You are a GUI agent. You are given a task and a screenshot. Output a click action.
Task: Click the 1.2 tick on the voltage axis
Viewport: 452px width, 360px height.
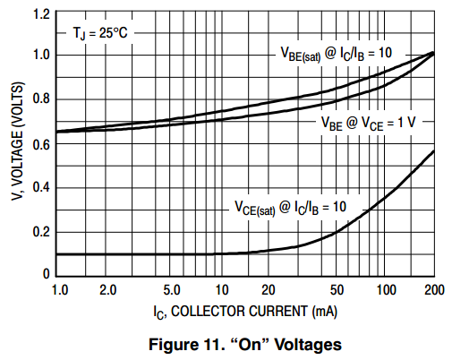[41, 14]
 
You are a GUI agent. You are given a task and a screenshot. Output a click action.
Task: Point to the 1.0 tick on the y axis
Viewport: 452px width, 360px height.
[41, 55]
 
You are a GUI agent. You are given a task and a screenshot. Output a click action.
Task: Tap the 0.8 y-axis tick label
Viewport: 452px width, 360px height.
[41, 99]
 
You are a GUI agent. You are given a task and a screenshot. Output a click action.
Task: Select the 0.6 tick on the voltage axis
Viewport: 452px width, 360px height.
[41, 143]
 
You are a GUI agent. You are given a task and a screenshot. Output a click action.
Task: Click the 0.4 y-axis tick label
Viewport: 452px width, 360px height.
[41, 187]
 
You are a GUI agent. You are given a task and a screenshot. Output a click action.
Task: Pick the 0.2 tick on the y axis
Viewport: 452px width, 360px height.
[41, 232]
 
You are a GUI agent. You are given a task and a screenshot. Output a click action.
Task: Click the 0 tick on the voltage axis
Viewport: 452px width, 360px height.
[46, 274]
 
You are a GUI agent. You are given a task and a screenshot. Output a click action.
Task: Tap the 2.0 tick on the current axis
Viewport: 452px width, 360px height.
[107, 290]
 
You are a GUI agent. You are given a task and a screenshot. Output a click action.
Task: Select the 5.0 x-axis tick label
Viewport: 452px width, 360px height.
[172, 290]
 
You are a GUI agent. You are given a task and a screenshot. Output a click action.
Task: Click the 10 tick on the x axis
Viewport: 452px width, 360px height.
[222, 290]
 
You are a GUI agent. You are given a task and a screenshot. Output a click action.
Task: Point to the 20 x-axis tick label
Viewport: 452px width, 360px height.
[268, 290]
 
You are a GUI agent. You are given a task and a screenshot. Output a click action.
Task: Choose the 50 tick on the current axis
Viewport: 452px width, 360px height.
[337, 290]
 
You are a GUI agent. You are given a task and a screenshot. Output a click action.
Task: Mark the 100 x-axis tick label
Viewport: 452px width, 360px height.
[386, 290]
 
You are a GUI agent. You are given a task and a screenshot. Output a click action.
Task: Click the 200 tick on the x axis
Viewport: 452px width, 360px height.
[434, 290]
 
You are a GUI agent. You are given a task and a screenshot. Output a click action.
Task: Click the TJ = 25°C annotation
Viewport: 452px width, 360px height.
[100, 33]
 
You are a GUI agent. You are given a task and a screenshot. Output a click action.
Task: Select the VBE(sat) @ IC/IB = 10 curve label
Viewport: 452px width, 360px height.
[337, 55]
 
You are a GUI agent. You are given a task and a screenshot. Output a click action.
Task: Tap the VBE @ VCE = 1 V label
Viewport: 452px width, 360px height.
[368, 123]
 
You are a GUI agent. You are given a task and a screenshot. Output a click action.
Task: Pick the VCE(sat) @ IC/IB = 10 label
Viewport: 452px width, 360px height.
[290, 208]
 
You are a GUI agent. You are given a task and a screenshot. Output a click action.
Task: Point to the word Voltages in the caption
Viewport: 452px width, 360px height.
[308, 345]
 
